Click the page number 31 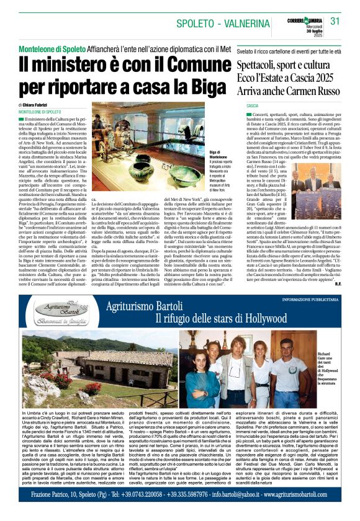335,21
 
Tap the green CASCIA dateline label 252,106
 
